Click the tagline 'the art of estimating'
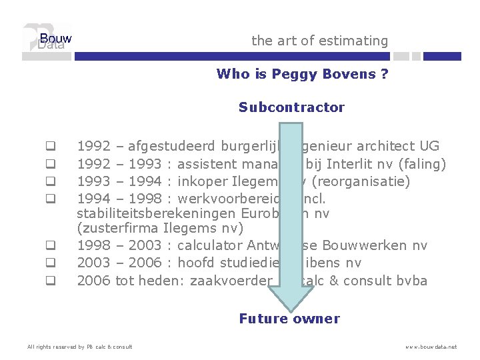click(319, 41)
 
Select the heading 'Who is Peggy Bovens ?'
click(302, 74)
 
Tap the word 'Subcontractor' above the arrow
click(291, 107)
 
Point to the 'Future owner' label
click(289, 319)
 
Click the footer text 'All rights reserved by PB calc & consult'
click(79, 347)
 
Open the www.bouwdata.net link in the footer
click(432, 347)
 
